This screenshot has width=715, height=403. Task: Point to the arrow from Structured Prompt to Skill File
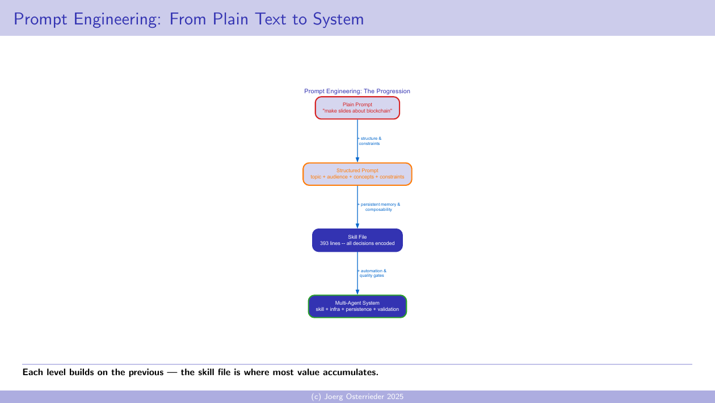[357, 216]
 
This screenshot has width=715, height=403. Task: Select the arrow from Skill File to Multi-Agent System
[357, 282]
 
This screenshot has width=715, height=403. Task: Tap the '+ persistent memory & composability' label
[378, 207]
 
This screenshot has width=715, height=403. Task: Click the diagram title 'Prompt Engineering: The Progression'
[357, 91]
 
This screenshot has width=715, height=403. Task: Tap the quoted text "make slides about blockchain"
[357, 111]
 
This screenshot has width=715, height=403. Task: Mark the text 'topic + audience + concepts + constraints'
[357, 177]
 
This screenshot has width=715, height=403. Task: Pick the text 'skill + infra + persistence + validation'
[357, 309]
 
